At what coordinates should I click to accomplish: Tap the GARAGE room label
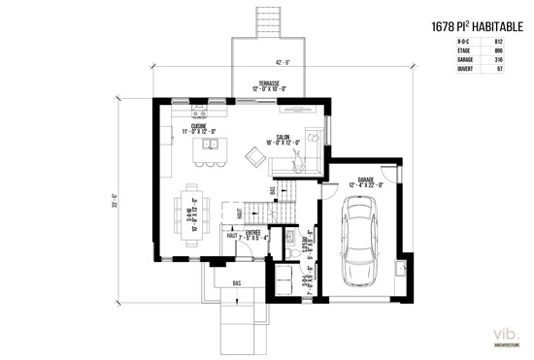pos(366,181)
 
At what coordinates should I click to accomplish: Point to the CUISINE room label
pos(198,126)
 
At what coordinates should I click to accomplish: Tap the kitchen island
pos(207,148)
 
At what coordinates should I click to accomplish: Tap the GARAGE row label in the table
pos(451,61)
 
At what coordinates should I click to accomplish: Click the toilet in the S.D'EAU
pos(290,253)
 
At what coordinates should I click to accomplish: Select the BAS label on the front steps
pos(236,283)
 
